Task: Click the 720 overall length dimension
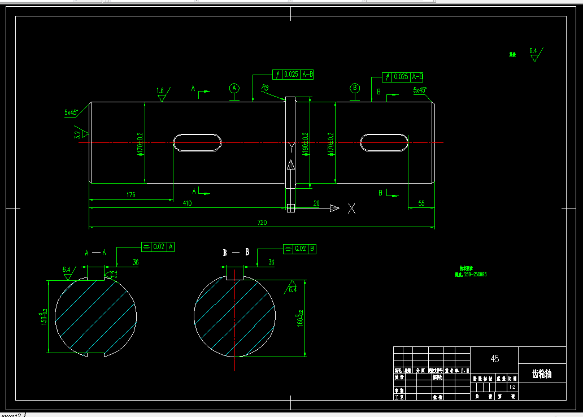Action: (262, 223)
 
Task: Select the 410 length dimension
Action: (187, 203)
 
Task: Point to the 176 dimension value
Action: (130, 194)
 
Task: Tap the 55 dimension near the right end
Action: (421, 203)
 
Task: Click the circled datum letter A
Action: (234, 88)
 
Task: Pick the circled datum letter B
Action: (355, 88)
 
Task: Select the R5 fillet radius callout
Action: (265, 88)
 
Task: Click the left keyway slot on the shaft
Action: (197, 143)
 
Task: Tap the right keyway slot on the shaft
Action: (385, 143)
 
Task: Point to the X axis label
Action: (352, 208)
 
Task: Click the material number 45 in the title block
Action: (495, 359)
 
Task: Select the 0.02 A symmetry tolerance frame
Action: (158, 246)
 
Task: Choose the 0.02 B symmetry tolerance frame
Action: (299, 248)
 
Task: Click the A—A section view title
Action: (95, 253)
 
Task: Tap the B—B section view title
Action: (236, 253)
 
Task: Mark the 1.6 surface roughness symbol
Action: (161, 93)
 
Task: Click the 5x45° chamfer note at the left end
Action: (71, 112)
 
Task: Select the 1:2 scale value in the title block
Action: (512, 387)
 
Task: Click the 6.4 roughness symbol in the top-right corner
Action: (534, 54)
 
